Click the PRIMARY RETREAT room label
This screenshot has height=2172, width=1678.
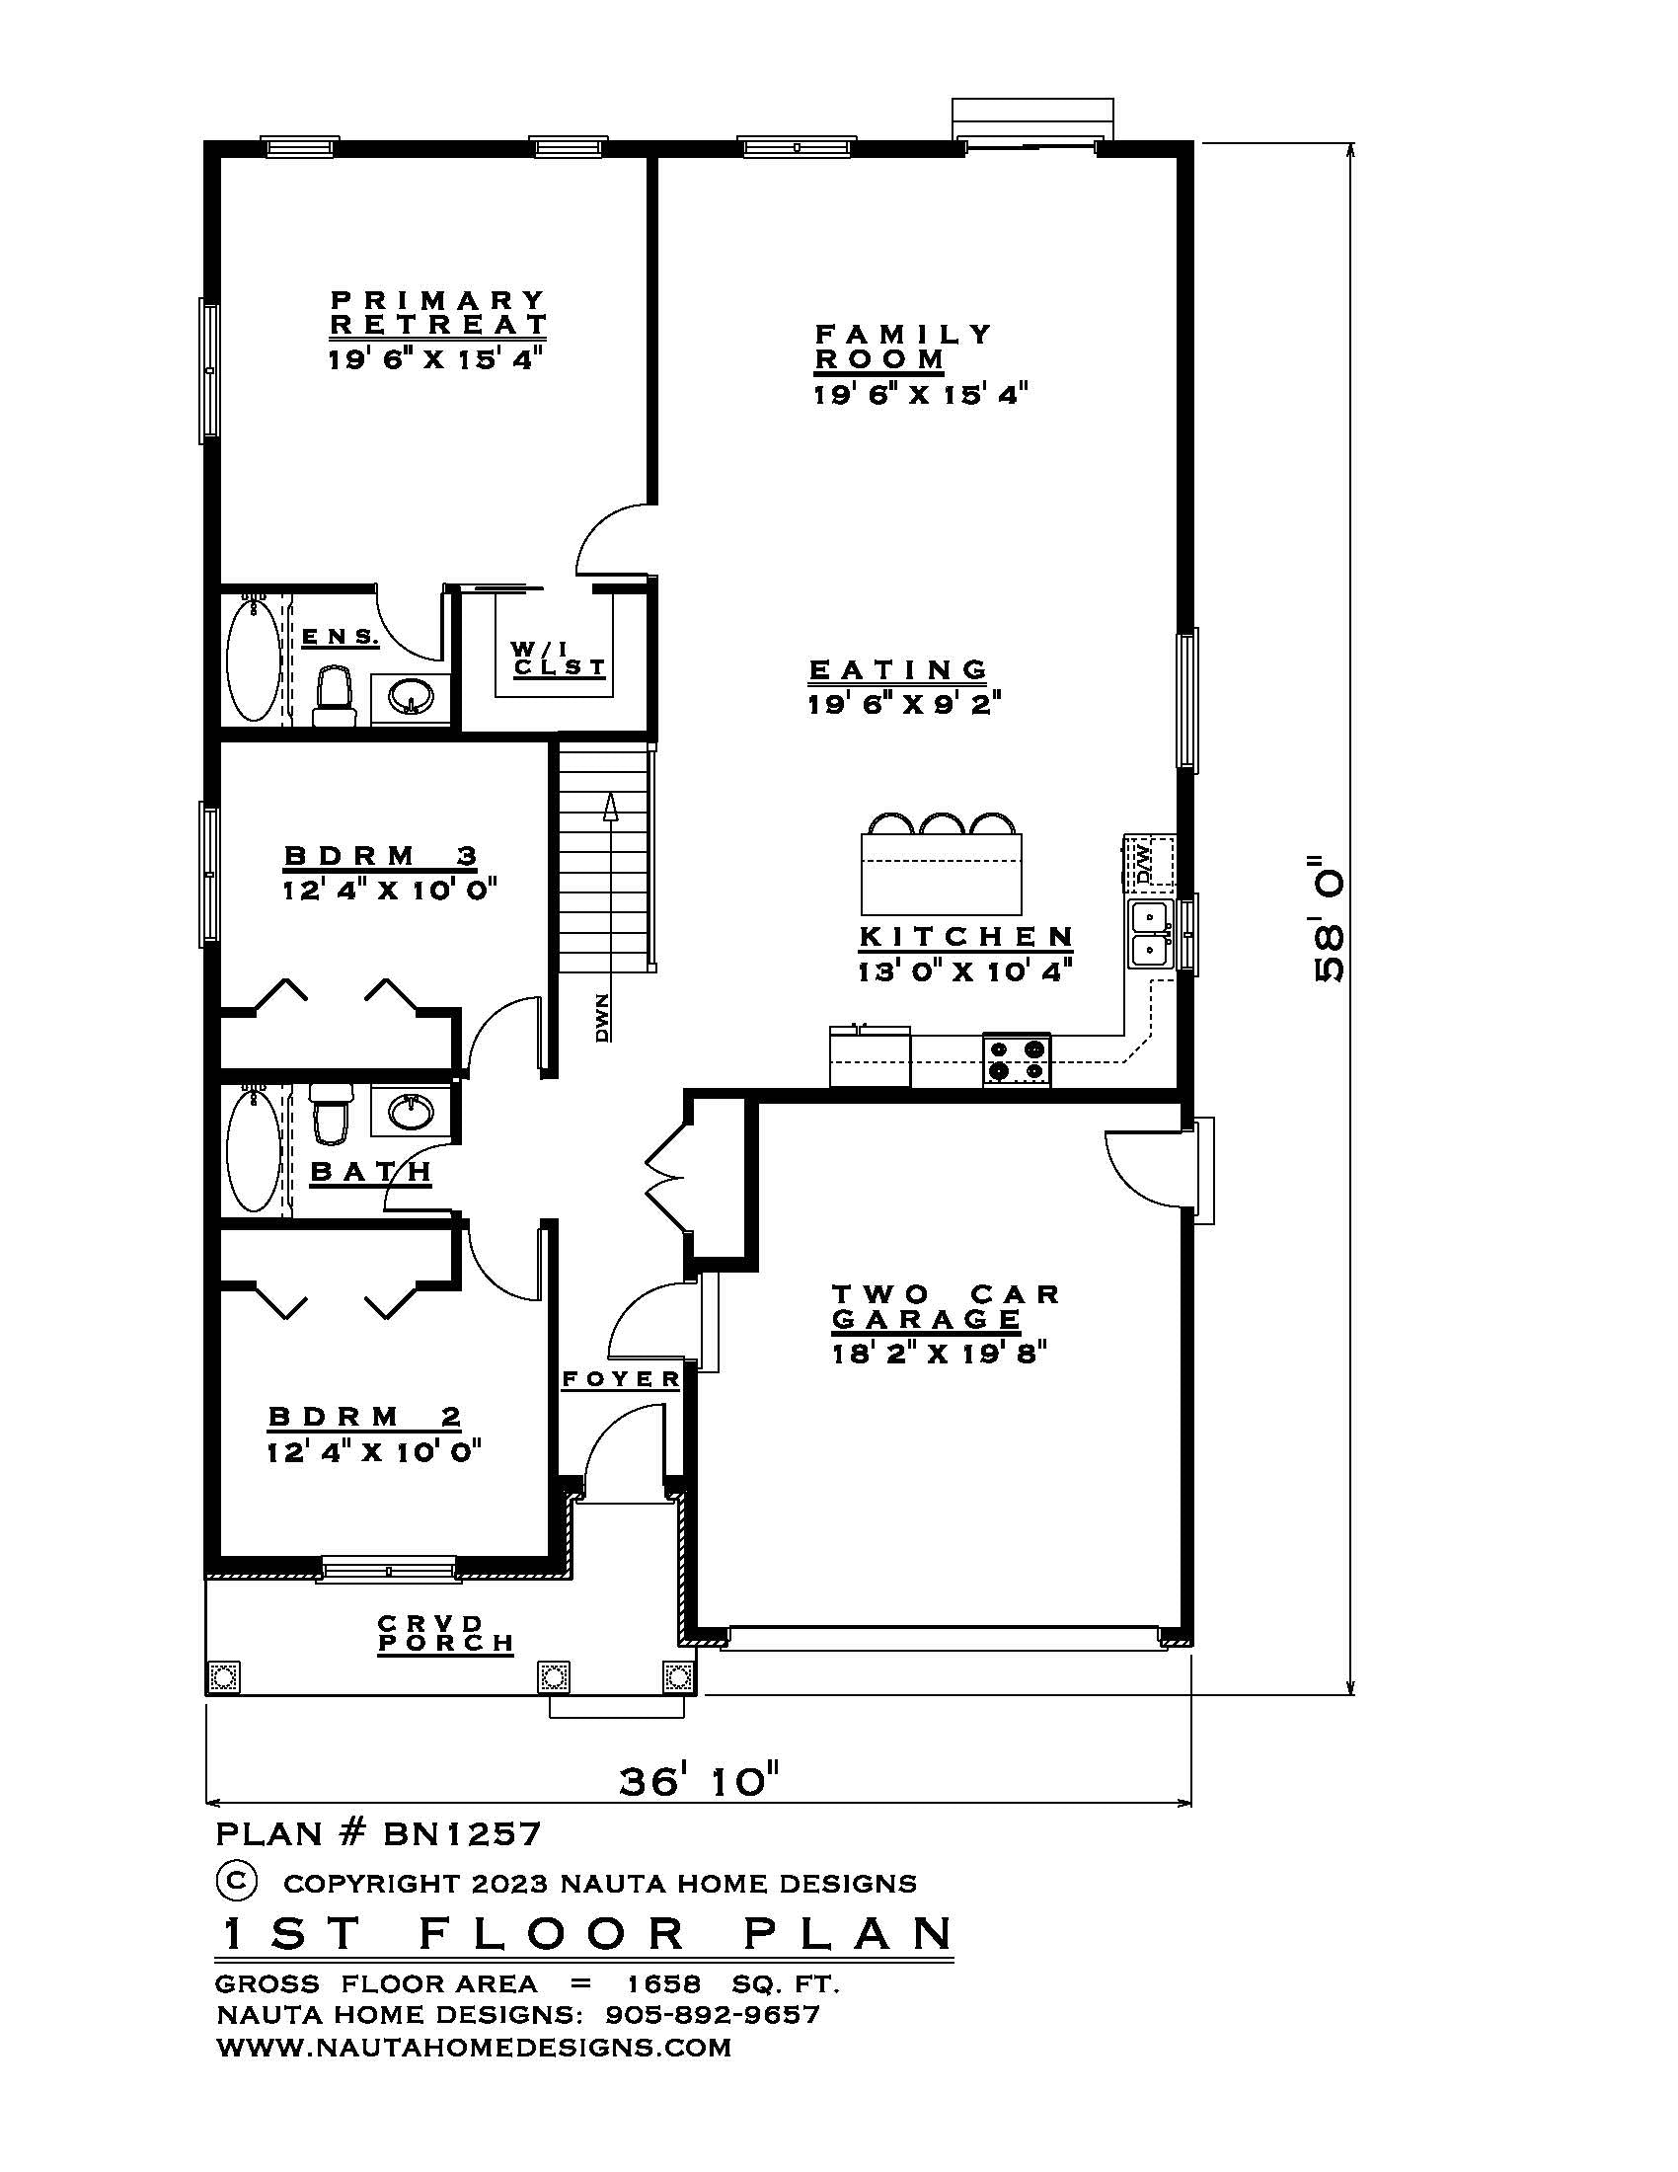(437, 311)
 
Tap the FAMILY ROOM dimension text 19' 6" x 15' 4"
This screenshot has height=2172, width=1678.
(920, 395)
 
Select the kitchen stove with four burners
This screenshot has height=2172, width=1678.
(1016, 1059)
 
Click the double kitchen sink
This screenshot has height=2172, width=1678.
(1150, 934)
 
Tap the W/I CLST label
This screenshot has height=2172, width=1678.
(559, 659)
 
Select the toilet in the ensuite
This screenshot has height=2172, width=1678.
(335, 695)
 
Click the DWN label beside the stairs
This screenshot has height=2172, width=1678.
(602, 1020)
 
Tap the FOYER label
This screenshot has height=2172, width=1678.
(621, 1378)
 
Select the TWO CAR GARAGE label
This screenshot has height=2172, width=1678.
(945, 1307)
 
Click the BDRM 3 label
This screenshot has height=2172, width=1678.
(381, 855)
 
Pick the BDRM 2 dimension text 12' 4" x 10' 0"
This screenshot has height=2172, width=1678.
(374, 1452)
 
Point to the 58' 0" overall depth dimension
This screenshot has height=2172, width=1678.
(1330, 919)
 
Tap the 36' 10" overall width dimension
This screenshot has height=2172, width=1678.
(699, 1780)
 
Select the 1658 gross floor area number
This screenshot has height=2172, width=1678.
(663, 1983)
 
